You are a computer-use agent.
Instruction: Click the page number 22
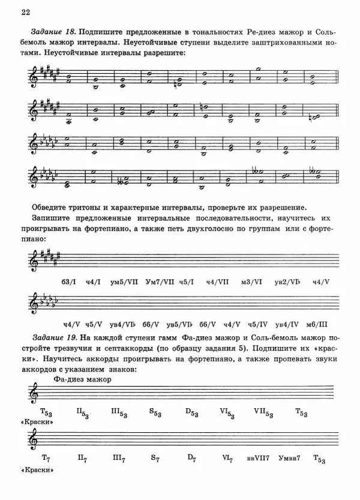point(25,11)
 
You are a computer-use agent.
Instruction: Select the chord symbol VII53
point(264,413)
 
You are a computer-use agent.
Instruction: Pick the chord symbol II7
point(83,459)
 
